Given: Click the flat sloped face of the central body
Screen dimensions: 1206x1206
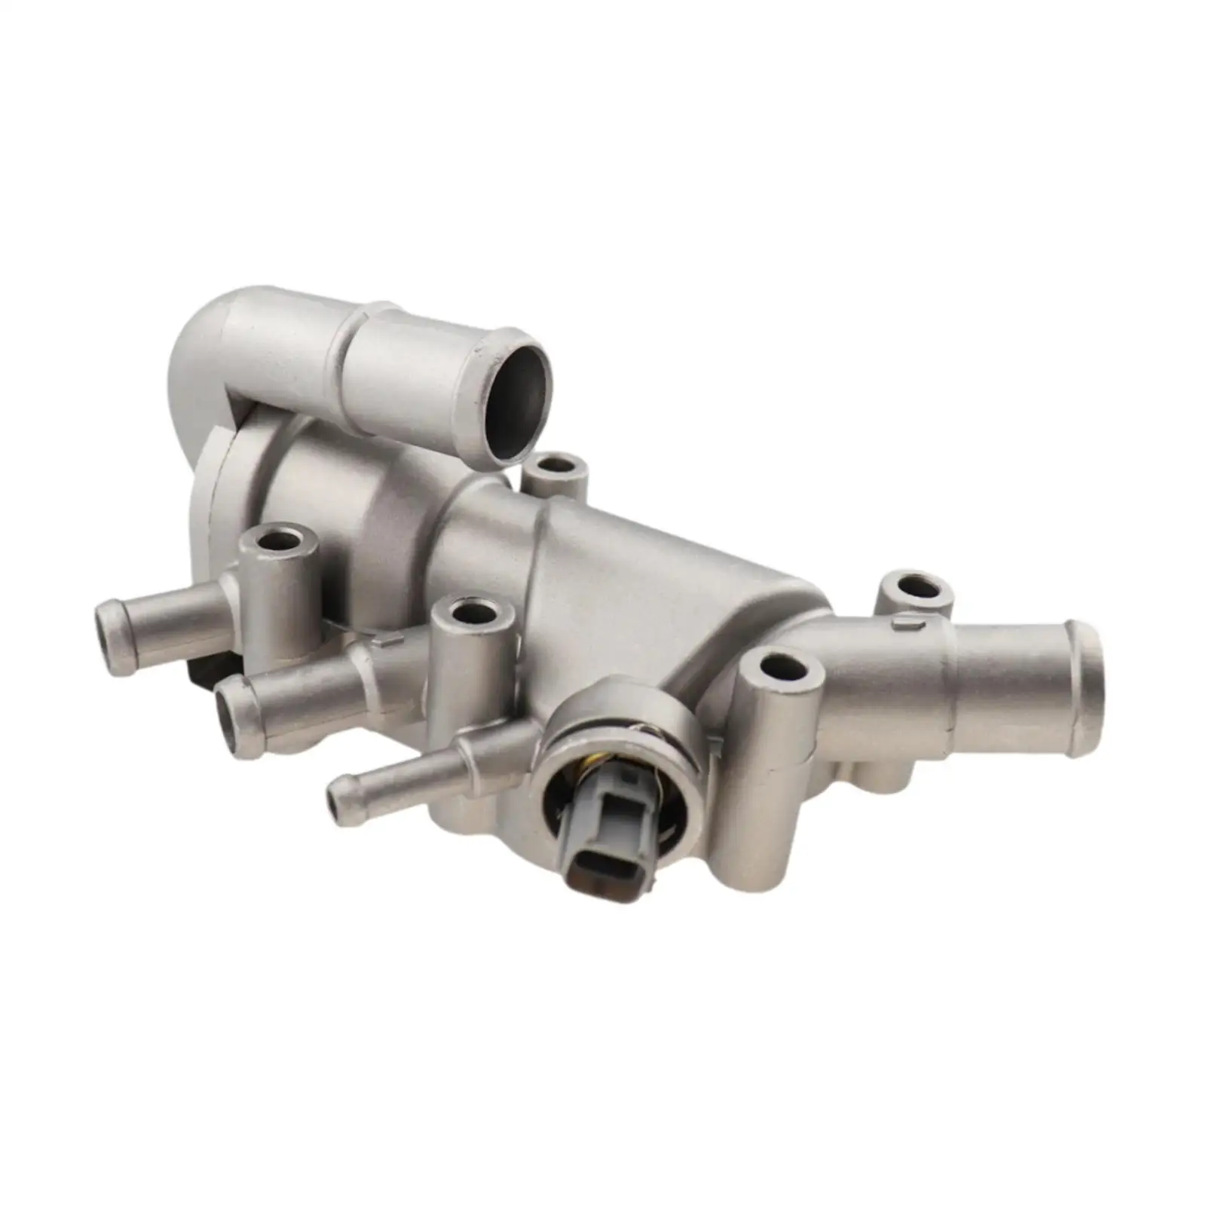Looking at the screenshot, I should [641, 573].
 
